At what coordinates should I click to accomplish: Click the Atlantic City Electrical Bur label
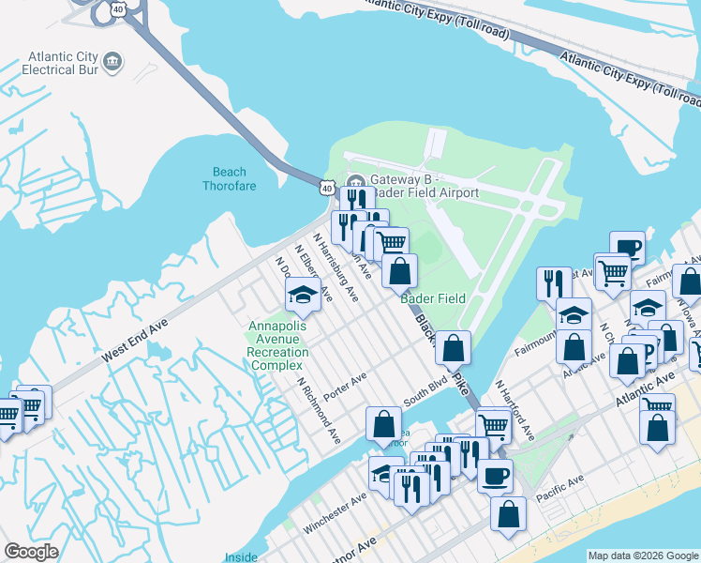(x=64, y=63)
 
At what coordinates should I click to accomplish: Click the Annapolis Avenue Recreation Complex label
(x=276, y=345)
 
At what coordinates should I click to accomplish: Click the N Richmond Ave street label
(x=319, y=409)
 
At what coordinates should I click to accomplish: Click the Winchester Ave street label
(x=335, y=515)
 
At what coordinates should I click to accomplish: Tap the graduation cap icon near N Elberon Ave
(x=303, y=296)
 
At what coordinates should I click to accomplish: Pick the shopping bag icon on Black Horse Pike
(x=454, y=348)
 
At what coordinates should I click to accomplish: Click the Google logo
(x=31, y=552)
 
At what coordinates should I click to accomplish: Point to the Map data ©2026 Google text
(x=642, y=555)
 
